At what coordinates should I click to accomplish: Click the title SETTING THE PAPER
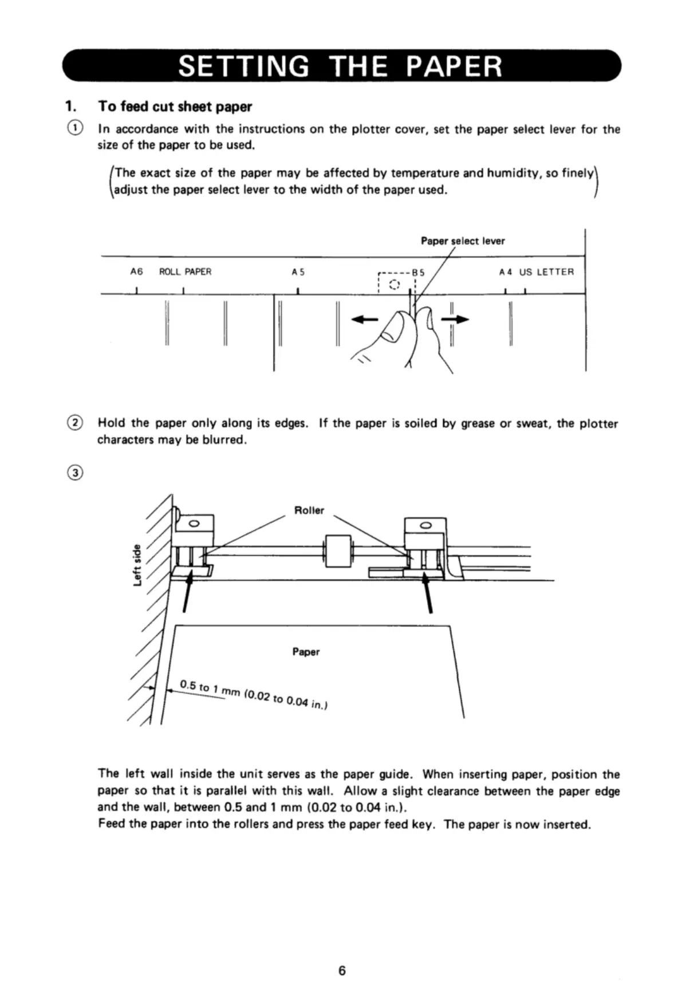[341, 66]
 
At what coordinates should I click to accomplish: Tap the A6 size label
[136, 272]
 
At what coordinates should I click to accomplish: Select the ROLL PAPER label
[185, 272]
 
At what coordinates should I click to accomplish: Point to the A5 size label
[298, 272]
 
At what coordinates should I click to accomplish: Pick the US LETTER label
[546, 272]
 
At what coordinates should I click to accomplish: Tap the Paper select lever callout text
[463, 241]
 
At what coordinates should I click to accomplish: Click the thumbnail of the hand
[393, 330]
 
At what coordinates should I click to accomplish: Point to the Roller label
[309, 510]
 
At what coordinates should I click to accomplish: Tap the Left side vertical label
[137, 564]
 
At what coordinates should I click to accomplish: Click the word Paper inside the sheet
[306, 652]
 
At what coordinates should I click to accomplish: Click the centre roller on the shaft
[338, 551]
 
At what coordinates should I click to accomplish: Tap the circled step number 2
[75, 423]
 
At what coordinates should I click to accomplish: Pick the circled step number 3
[75, 473]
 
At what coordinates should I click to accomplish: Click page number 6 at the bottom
[342, 970]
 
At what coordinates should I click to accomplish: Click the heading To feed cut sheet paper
[175, 107]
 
